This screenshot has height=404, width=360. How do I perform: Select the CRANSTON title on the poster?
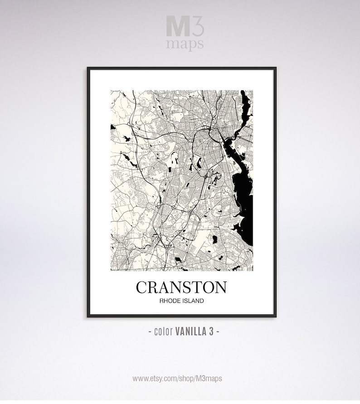coord(181,287)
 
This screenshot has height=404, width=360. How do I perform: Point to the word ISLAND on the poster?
coord(193,301)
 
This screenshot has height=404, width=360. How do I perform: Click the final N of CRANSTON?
coord(220,287)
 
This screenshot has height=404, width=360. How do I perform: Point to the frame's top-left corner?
coord(88,68)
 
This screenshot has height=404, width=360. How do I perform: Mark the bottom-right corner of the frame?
coord(275,316)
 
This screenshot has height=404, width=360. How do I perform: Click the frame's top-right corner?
coord(275,68)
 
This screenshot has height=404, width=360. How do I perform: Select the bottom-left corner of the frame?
coord(88,316)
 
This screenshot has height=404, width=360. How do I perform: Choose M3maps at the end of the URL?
coord(210,378)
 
